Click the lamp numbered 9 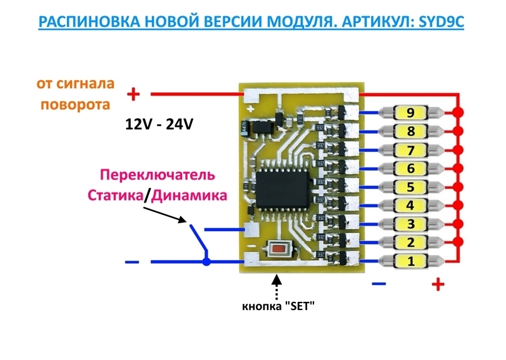pyautogui.click(x=410, y=113)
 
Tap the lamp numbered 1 pyautogui.click(x=410, y=261)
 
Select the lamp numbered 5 pyautogui.click(x=410, y=187)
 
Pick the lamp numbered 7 pyautogui.click(x=410, y=150)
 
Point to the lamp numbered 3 pyautogui.click(x=410, y=224)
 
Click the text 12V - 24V pyautogui.click(x=158, y=124)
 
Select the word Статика pyautogui.click(x=115, y=195)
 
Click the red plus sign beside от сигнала pyautogui.click(x=133, y=94)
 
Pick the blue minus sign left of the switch pyautogui.click(x=132, y=262)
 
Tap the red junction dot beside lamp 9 pyautogui.click(x=458, y=112)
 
